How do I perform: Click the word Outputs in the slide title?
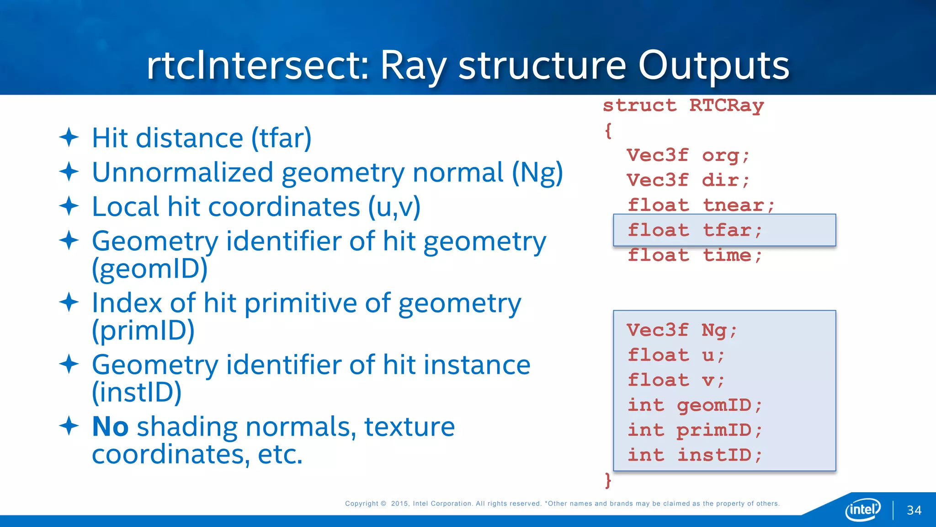click(x=713, y=65)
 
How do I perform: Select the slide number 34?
click(x=914, y=511)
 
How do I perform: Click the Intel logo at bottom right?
click(x=862, y=510)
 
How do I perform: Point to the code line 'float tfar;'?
click(x=694, y=230)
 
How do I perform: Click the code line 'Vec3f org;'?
click(x=687, y=156)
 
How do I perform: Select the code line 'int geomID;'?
click(x=694, y=405)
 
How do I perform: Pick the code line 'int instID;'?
click(x=694, y=455)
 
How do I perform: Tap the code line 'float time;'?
click(x=694, y=255)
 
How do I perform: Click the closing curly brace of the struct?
click(x=608, y=480)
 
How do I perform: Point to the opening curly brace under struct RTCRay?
click(x=608, y=131)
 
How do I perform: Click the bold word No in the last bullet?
click(x=110, y=426)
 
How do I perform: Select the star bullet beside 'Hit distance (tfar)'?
click(x=69, y=137)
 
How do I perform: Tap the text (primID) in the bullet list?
click(x=143, y=330)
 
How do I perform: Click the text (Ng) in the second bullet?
click(x=537, y=173)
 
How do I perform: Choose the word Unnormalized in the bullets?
click(x=182, y=172)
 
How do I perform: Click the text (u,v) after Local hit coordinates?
click(x=394, y=207)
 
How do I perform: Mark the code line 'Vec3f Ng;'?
click(x=681, y=330)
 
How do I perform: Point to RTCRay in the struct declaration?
click(x=726, y=106)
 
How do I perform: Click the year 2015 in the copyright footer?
click(x=400, y=504)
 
